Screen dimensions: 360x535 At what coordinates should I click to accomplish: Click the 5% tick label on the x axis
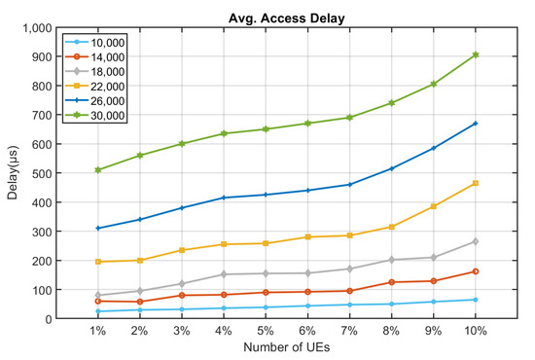coord(265,333)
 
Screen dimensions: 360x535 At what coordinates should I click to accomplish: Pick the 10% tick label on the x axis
coord(476,333)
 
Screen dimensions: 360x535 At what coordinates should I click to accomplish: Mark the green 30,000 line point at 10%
coord(476,55)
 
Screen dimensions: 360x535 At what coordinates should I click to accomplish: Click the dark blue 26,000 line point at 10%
coord(476,124)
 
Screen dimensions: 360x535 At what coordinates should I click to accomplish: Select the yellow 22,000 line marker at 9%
coord(434,206)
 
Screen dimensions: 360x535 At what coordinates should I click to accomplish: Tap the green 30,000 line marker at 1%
coord(97,170)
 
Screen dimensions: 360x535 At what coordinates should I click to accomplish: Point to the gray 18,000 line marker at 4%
coord(224,274)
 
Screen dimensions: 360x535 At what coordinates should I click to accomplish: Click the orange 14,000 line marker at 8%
coord(392,282)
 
